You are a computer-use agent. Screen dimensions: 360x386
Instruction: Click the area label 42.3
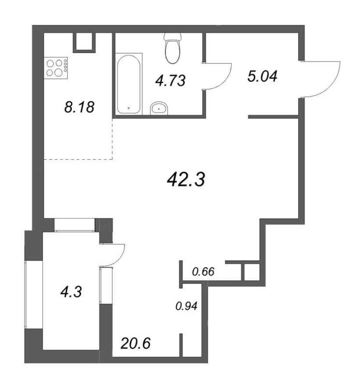[x=186, y=179]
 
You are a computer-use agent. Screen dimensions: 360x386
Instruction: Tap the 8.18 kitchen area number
[x=79, y=107]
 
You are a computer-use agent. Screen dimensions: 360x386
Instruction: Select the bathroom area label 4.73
[x=170, y=81]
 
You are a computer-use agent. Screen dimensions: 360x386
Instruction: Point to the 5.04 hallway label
[x=262, y=76]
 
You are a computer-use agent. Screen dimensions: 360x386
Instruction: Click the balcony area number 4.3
[x=71, y=292]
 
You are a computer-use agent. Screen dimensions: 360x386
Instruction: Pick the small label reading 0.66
[x=203, y=272]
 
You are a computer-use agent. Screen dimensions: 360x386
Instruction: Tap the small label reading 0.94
[x=186, y=306]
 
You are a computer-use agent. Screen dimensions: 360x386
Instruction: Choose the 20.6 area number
[x=135, y=343]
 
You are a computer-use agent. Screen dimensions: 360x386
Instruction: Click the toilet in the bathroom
[x=173, y=47]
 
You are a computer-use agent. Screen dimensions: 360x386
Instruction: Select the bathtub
[x=129, y=84]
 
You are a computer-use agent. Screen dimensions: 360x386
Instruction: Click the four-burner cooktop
[x=56, y=68]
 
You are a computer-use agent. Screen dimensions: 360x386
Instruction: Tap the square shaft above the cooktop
[x=84, y=43]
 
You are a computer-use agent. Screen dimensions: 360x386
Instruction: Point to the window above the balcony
[x=75, y=225]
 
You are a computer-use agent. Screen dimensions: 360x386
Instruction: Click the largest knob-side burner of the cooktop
[x=58, y=72]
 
